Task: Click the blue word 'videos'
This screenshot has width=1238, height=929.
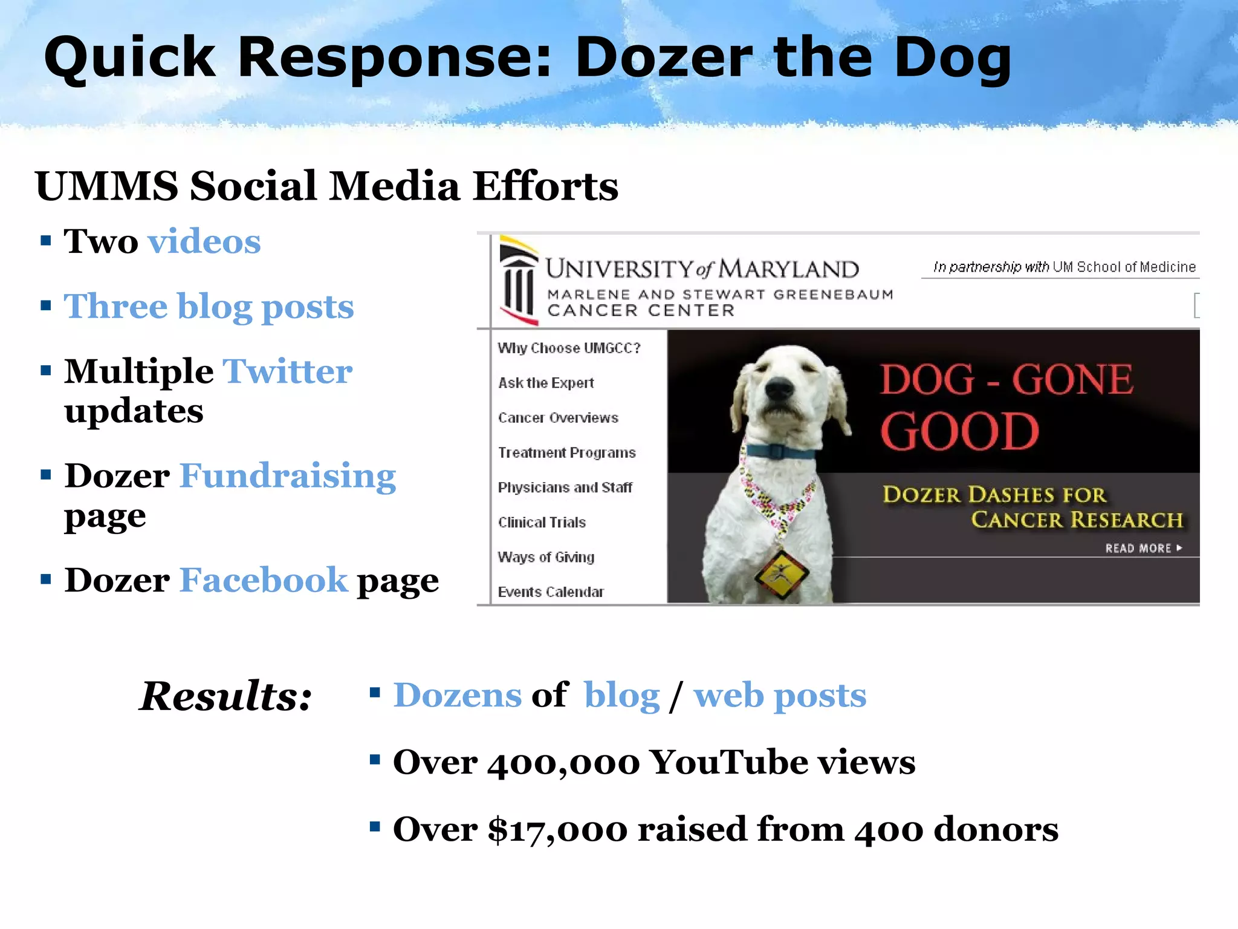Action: click(x=204, y=242)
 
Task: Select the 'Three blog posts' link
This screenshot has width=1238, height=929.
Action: click(x=209, y=307)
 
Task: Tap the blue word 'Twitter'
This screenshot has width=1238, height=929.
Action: click(x=287, y=371)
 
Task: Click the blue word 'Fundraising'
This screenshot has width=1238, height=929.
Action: click(x=288, y=476)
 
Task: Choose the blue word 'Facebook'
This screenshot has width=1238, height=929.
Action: click(x=264, y=581)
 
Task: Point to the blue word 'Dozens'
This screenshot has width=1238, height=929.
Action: click(x=457, y=696)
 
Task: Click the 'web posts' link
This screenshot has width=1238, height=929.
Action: click(x=780, y=696)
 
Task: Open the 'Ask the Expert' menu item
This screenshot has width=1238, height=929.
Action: click(x=546, y=383)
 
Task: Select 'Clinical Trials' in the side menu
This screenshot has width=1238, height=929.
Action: click(x=542, y=523)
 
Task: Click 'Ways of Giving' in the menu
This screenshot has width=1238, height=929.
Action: click(x=546, y=557)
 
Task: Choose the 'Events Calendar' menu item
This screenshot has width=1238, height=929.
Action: click(x=551, y=592)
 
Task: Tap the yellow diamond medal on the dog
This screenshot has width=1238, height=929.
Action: click(x=781, y=572)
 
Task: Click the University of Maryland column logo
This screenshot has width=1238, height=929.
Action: click(x=518, y=282)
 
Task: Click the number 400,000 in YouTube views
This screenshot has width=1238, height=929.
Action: click(x=563, y=763)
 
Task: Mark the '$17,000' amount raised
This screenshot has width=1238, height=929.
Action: click(x=557, y=830)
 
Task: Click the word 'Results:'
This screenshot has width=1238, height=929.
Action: click(x=225, y=696)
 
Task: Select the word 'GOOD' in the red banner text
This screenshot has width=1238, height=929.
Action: click(x=959, y=432)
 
